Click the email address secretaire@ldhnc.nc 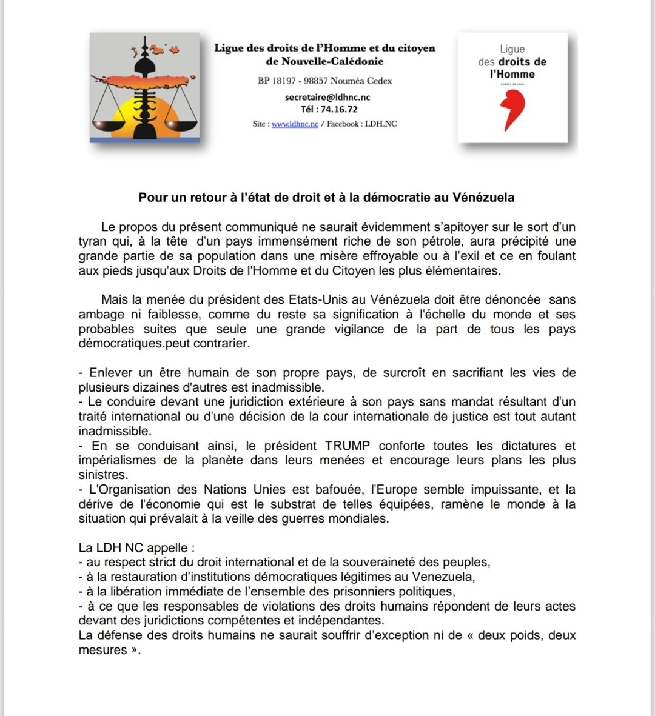327,97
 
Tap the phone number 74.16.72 338,110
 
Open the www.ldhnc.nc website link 295,124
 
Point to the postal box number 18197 285,81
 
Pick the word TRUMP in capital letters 348,446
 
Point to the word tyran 92,241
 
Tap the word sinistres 102,475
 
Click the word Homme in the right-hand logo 512,75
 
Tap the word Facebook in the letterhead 343,124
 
